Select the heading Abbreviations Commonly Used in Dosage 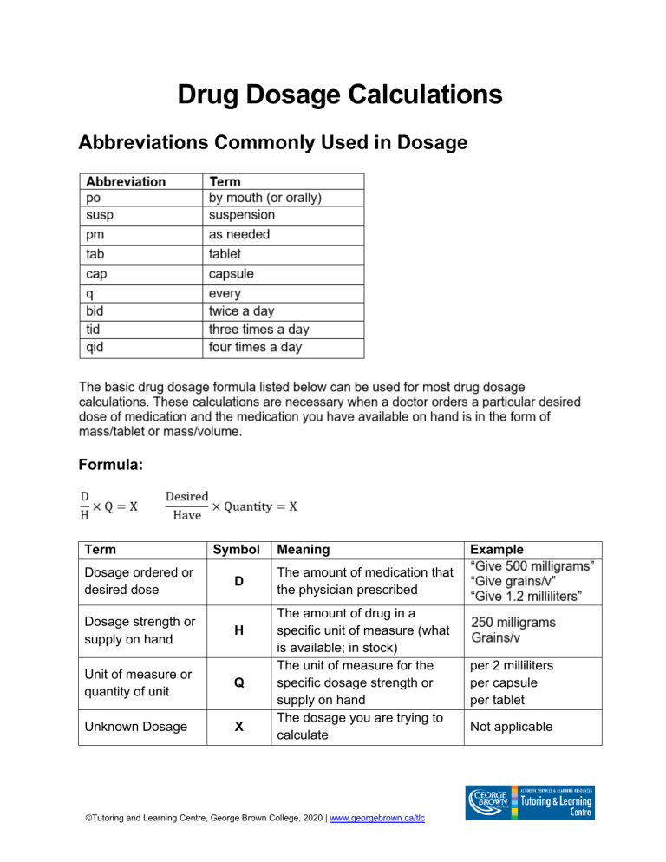pos(273,142)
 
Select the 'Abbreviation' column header pos(126,182)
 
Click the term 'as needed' pos(239,235)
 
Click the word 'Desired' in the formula pos(186,496)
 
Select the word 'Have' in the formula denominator pos(186,515)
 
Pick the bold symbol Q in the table pos(238,682)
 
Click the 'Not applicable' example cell pos(512,726)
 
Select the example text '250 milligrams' pos(513,623)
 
